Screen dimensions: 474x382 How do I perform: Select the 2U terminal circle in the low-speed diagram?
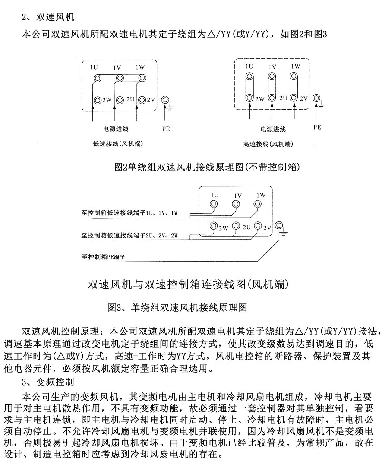coord(120,99)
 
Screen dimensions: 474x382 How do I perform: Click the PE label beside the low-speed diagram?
coord(166,128)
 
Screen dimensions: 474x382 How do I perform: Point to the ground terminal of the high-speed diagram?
coord(318,98)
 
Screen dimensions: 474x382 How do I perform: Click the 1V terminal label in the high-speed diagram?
coord(272,67)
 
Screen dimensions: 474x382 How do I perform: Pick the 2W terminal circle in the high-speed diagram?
coord(249,98)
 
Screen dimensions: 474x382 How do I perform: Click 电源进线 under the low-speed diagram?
coord(115,129)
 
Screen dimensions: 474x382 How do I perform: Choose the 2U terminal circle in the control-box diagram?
coord(236,226)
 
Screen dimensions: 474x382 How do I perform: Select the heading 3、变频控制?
coord(48,382)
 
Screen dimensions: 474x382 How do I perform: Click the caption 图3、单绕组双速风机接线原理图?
coord(177,308)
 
